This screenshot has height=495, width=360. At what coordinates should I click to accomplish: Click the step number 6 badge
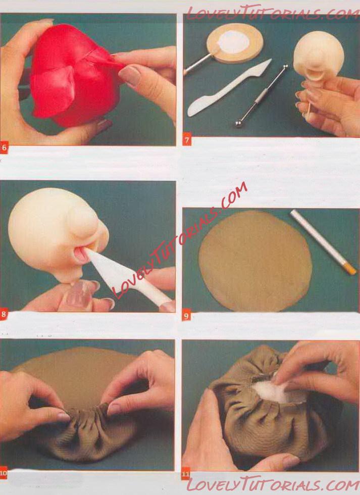click(4, 147)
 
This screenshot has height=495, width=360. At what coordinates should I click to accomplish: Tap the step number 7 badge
click(187, 140)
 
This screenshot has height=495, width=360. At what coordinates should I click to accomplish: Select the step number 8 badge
click(4, 314)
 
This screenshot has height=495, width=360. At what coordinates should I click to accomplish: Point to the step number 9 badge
click(186, 315)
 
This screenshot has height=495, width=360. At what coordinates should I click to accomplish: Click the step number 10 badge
click(4, 473)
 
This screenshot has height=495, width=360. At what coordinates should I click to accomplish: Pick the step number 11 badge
click(185, 474)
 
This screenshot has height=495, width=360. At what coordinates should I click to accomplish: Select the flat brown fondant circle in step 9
click(255, 261)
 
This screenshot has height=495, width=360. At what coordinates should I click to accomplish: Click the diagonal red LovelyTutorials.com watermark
click(180, 240)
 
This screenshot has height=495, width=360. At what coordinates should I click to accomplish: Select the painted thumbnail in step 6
click(130, 76)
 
